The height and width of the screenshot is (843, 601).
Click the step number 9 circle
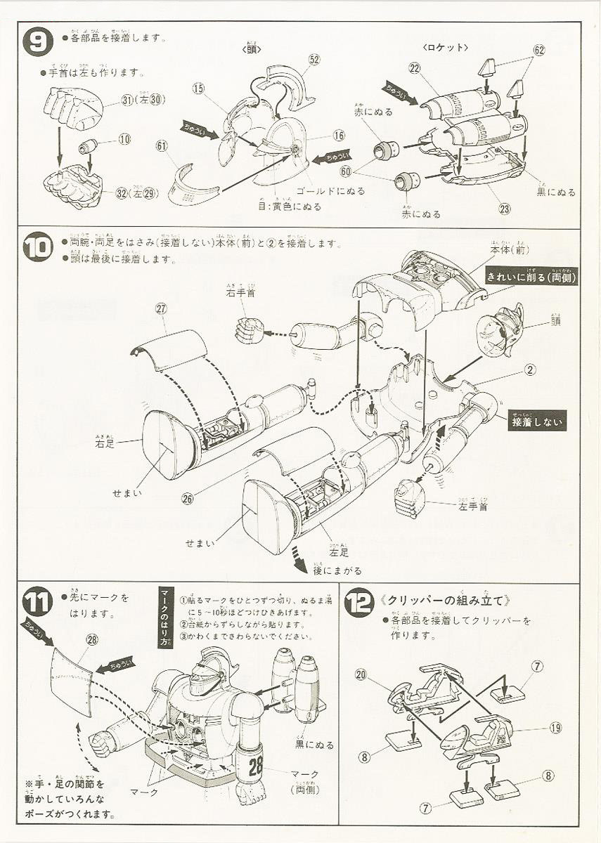[38, 41]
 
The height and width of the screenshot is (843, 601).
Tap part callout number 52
[314, 60]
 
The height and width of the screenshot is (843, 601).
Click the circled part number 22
[414, 67]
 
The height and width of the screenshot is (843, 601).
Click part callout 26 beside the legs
[187, 498]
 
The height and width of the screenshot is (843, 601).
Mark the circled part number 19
[555, 727]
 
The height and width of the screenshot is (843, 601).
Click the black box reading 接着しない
[537, 421]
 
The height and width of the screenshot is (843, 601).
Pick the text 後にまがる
[338, 570]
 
